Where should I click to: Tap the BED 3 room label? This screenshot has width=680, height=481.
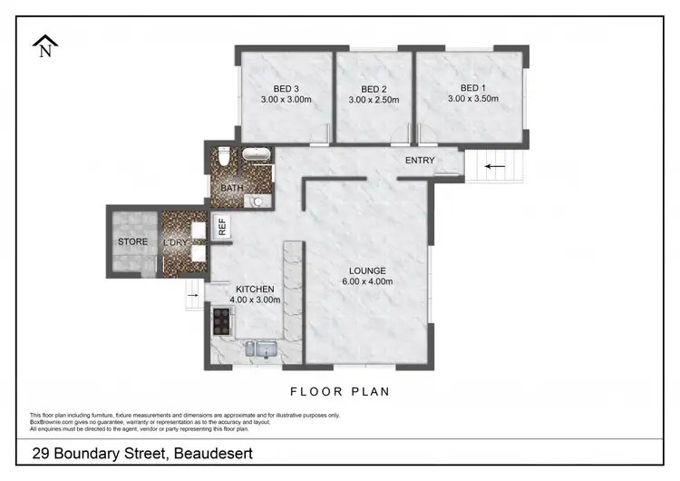point(285,88)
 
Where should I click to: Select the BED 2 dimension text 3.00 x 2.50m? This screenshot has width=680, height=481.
point(374,100)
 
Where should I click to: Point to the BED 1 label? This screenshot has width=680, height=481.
point(467,88)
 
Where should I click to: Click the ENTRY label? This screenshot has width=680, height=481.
point(420,161)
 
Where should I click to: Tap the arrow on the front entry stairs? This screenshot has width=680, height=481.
point(494,166)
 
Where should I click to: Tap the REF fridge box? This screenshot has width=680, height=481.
point(221,226)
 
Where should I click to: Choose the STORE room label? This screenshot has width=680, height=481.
point(132,242)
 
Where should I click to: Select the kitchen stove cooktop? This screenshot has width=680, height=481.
point(220,319)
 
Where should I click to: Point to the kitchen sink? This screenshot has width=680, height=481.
point(264,347)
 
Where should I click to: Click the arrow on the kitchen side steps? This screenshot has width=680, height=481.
point(193,292)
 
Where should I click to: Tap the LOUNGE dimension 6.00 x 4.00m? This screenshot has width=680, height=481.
point(366,282)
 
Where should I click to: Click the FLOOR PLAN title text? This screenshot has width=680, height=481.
point(339,392)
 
